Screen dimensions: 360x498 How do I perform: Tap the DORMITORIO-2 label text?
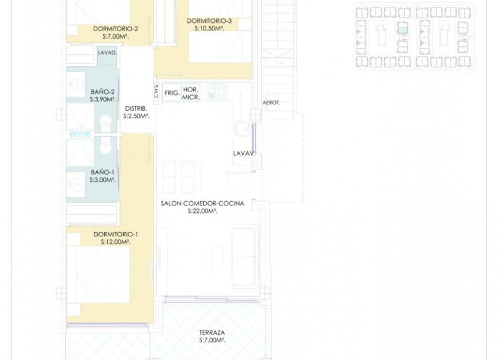tap(115, 29)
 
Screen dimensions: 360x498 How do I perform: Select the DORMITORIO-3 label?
tap(209, 21)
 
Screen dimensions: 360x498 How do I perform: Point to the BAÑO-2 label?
tap(103, 91)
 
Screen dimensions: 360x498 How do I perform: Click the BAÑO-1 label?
tap(103, 172)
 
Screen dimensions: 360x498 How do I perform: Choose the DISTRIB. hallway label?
tap(136, 108)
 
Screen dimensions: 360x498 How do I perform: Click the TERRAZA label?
tap(212, 331)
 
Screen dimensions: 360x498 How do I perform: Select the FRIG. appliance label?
tap(172, 93)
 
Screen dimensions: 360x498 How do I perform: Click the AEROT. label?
tap(271, 103)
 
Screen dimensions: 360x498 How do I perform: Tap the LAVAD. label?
tap(107, 53)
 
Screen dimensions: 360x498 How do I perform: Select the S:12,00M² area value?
tap(115, 242)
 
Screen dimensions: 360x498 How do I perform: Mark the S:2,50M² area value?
tap(136, 116)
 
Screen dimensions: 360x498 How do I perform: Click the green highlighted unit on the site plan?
tap(402, 29)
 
